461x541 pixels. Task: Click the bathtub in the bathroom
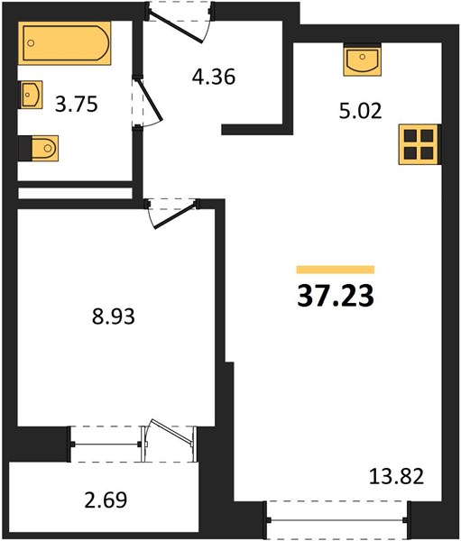[65, 43]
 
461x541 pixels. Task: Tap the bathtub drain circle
[31, 43]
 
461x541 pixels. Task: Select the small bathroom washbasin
[31, 95]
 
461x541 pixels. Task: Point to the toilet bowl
[45, 148]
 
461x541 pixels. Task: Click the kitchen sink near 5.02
[362, 61]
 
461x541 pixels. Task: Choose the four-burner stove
[419, 144]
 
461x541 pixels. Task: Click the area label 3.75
[77, 105]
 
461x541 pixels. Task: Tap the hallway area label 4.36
[214, 77]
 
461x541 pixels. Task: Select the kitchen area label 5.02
[361, 111]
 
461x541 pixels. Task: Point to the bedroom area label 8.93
[114, 316]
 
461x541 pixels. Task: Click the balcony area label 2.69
[106, 500]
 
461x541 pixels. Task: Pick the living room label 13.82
[396, 476]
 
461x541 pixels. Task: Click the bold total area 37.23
[336, 296]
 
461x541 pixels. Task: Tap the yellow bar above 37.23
[336, 270]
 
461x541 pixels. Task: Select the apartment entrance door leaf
[176, 26]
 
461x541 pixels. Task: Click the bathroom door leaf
[149, 100]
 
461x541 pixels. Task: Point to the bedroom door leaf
[176, 216]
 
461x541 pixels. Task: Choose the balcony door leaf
[170, 431]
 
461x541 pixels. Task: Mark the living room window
[337, 519]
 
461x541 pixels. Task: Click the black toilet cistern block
[25, 148]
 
